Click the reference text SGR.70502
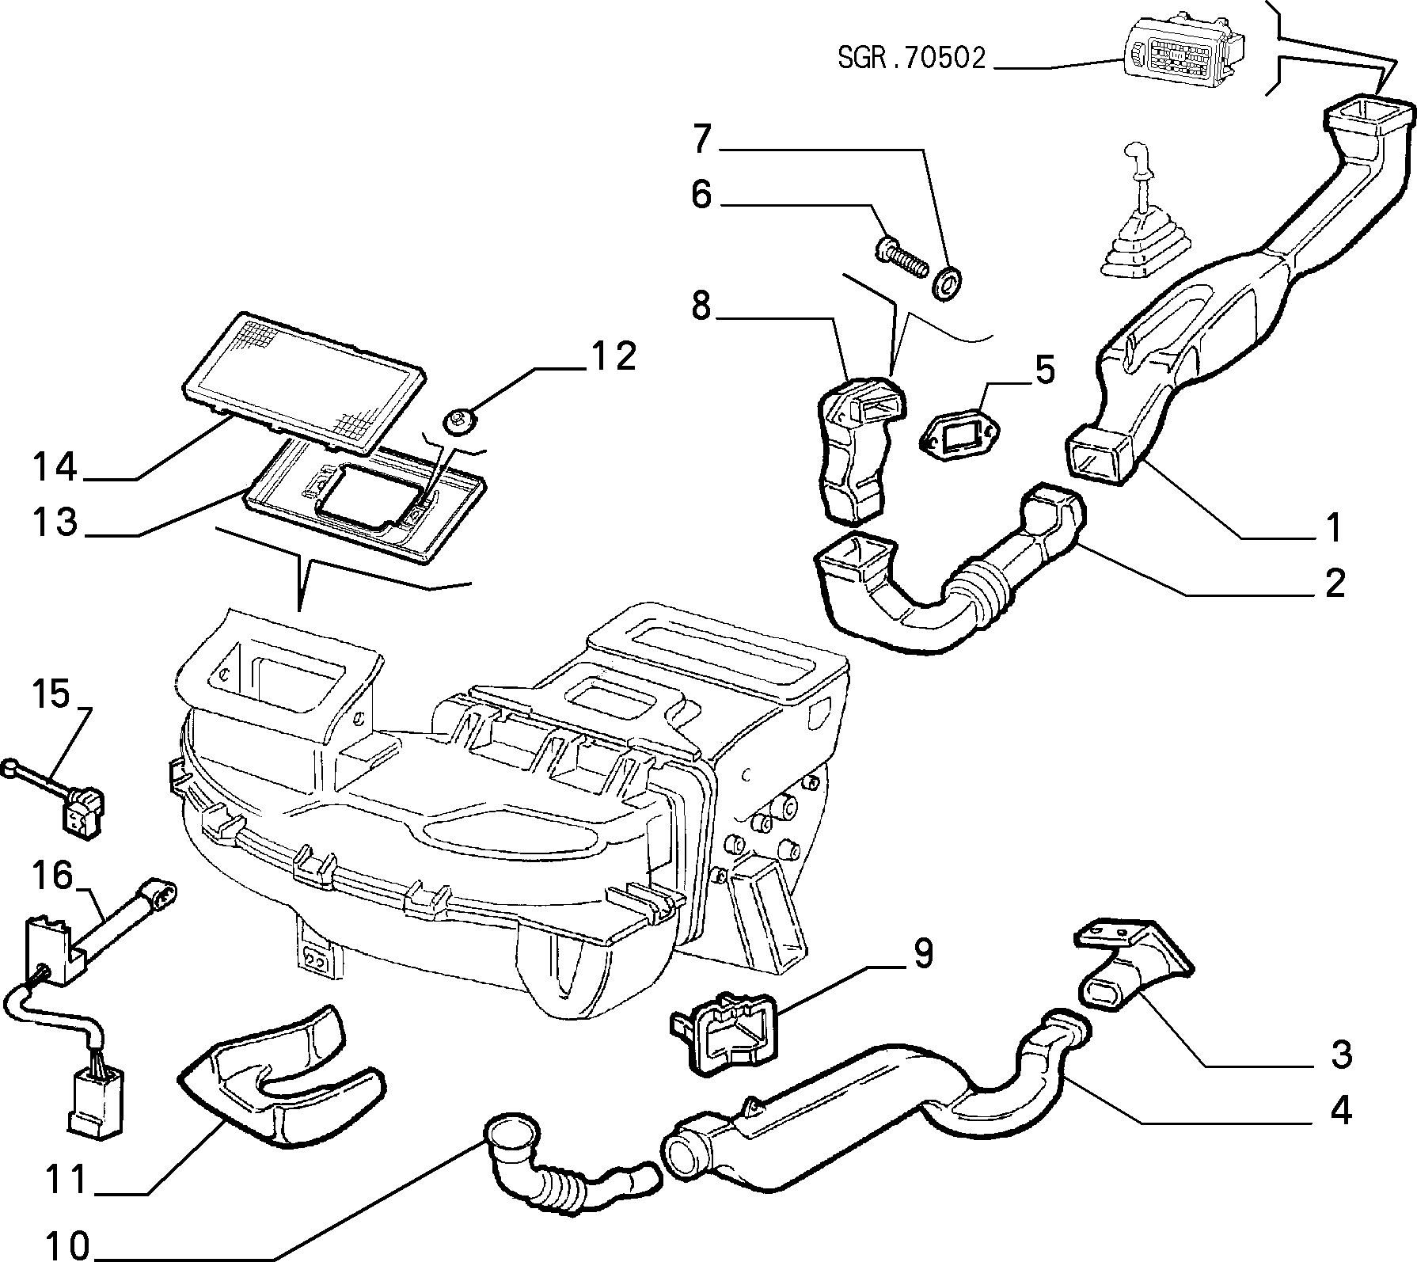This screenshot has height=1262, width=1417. (912, 59)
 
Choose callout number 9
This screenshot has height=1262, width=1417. (923, 955)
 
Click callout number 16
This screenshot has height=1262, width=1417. (52, 876)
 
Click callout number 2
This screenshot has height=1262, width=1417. (1335, 583)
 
